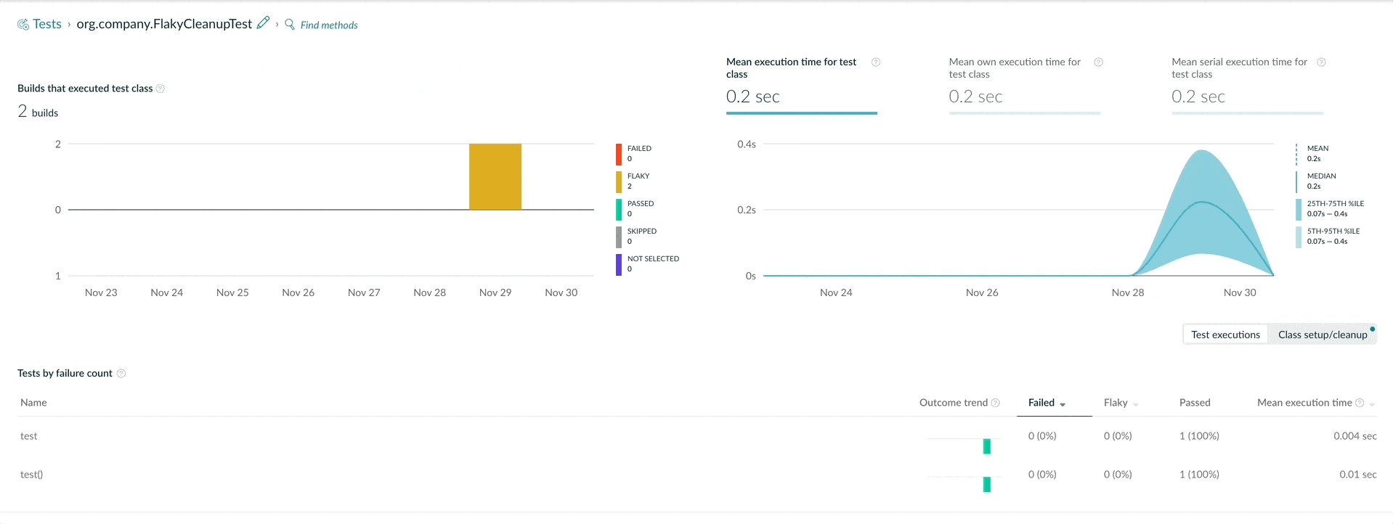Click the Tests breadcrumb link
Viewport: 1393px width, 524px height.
pos(47,24)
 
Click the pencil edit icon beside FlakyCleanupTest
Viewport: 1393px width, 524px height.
pos(264,22)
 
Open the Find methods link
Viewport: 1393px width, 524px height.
pos(329,25)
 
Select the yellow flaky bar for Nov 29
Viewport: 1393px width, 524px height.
pos(495,177)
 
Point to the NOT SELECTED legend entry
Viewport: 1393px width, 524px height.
pos(648,263)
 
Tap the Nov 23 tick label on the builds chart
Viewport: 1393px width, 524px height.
pos(101,292)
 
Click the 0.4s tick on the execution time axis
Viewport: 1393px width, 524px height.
pos(747,144)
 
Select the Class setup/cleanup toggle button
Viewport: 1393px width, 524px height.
pos(1323,335)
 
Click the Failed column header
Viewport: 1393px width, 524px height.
pos(1041,403)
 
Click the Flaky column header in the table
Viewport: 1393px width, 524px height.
pos(1116,403)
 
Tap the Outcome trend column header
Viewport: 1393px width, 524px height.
pos(954,403)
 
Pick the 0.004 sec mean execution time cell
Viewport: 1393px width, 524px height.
pos(1355,436)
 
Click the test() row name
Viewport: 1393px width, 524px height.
pos(32,475)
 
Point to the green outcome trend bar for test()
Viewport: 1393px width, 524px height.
pos(987,484)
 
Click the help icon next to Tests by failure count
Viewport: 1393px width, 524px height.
pos(121,373)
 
